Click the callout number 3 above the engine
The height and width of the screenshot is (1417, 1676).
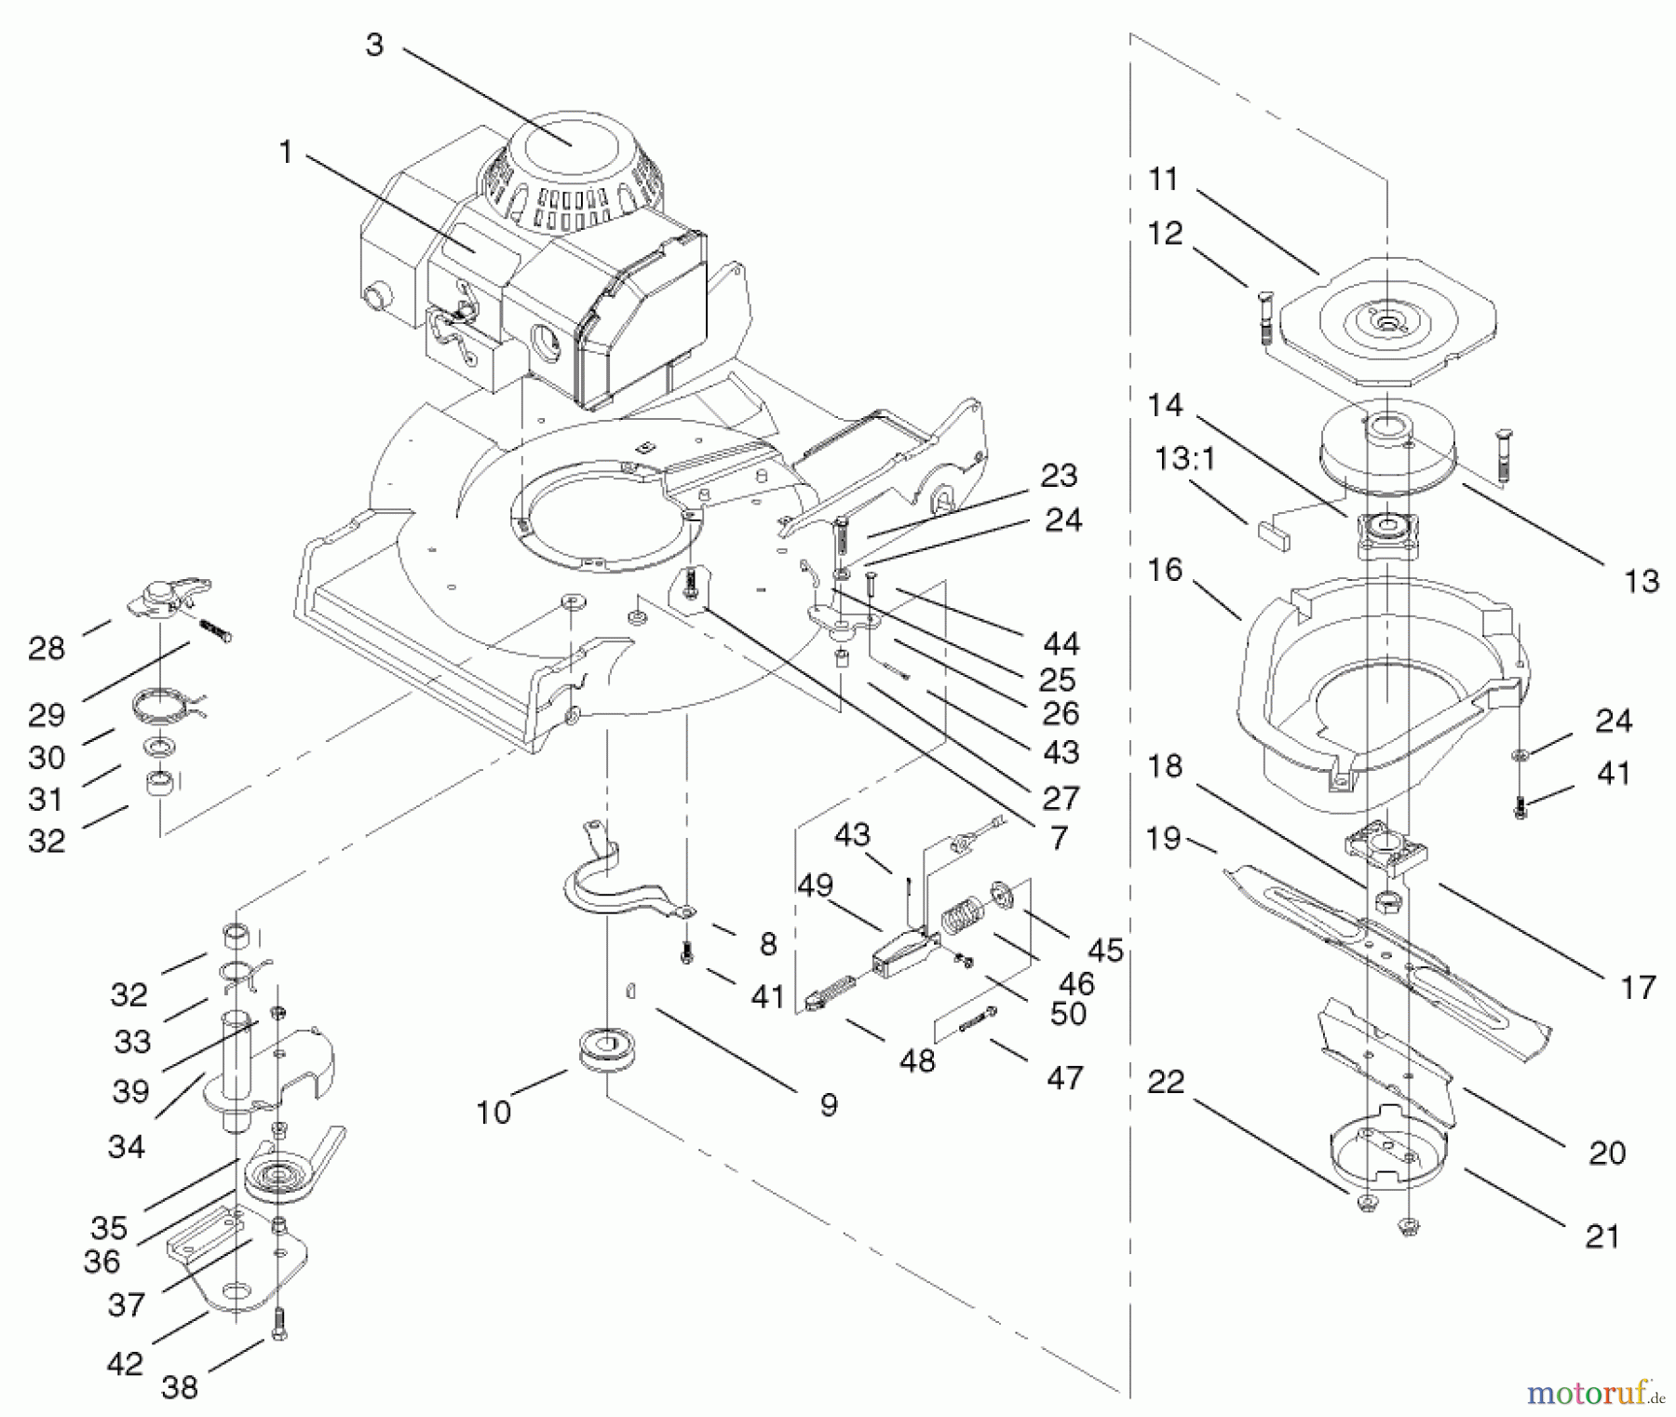click(x=374, y=44)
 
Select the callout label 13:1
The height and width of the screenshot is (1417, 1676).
click(x=1185, y=460)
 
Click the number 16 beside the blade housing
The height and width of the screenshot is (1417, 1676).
click(x=1165, y=570)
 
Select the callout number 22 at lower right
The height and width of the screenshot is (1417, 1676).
click(x=1165, y=1082)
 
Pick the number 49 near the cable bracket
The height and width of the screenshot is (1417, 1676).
click(x=815, y=884)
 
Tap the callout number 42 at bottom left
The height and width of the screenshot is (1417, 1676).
click(x=125, y=1364)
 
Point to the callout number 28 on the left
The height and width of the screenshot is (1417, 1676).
click(x=47, y=648)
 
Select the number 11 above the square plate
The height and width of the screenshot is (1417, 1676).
click(x=1163, y=178)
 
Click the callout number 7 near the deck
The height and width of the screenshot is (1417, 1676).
click(x=1059, y=838)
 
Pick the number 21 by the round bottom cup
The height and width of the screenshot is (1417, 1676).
click(x=1602, y=1235)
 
